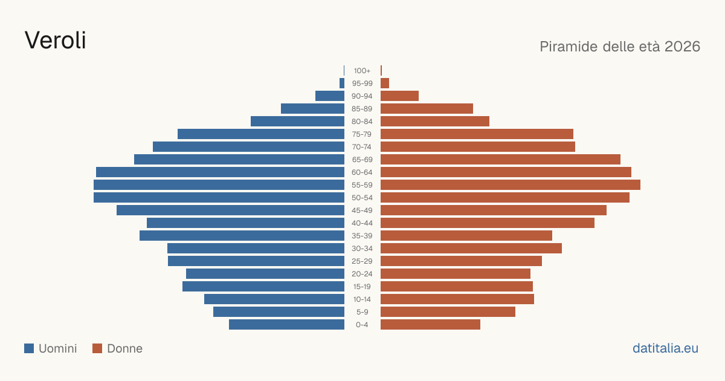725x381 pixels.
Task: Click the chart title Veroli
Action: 56,41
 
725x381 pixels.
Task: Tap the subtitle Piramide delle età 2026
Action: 620,47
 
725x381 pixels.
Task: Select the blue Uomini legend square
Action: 29,348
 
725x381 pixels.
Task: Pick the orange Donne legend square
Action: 97,348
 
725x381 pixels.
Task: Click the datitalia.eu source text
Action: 665,348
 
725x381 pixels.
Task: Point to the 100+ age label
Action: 362,71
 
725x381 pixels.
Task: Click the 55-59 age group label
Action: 362,185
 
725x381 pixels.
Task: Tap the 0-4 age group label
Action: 362,325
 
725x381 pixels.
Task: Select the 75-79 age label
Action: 362,134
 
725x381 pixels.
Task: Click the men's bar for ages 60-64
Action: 220,172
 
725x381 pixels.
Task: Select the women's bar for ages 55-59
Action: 511,184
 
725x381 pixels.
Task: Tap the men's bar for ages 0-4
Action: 287,325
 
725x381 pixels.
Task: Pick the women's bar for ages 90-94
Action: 400,96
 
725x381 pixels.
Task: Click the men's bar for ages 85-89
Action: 313,108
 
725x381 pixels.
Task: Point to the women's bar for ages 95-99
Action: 385,83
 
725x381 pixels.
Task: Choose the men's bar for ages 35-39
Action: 242,235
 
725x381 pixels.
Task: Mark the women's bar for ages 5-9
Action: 448,311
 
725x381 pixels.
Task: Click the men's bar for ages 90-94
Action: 330,96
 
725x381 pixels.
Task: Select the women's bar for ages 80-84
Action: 435,121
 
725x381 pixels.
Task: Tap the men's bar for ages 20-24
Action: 265,274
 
